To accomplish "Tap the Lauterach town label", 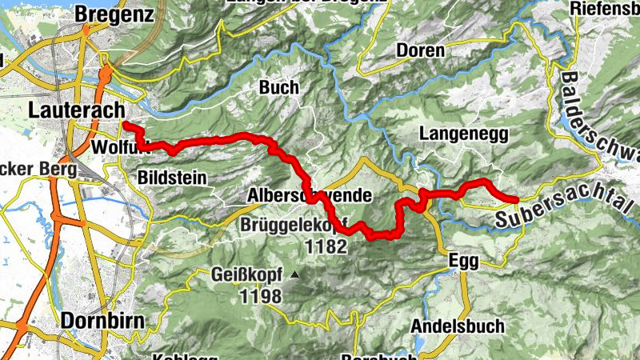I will [76, 110].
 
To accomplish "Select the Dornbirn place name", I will [103, 322].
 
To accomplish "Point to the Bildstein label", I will [173, 176].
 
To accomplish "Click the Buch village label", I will [279, 87].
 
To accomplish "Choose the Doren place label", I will [420, 50].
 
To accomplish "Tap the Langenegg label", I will [464, 134].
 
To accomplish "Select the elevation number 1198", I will [259, 297].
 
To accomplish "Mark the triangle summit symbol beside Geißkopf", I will [295, 275].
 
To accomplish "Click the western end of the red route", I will [126, 124].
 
